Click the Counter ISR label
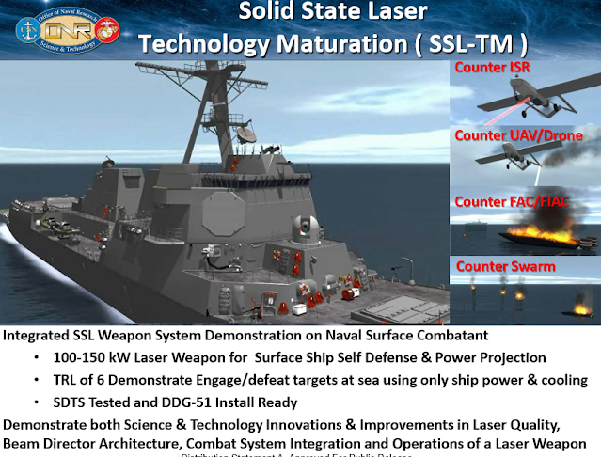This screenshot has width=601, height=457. [x=493, y=68]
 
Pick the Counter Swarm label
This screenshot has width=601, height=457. [x=505, y=266]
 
